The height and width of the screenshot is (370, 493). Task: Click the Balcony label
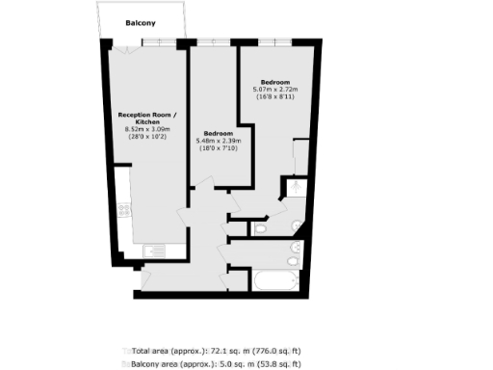pyautogui.click(x=142, y=21)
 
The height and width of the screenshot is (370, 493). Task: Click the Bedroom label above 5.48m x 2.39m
pyautogui.click(x=218, y=133)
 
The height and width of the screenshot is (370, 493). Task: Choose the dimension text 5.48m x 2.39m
pyautogui.click(x=220, y=142)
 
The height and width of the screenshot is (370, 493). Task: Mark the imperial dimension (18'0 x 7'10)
pyautogui.click(x=220, y=149)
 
